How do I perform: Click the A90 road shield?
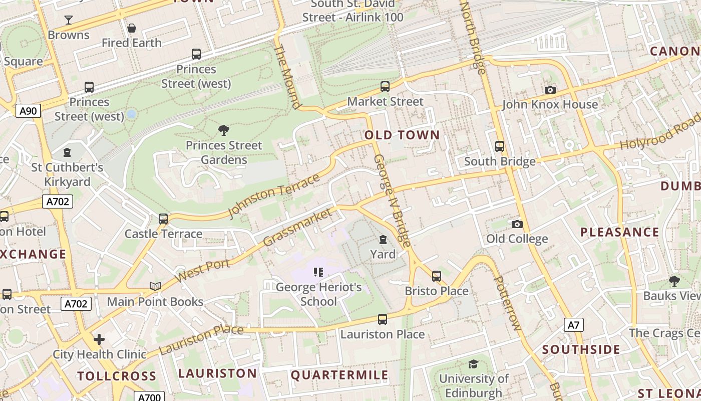click(28, 111)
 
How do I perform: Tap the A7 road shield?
click(574, 325)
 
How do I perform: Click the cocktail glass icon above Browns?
click(69, 20)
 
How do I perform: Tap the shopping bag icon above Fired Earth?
click(132, 28)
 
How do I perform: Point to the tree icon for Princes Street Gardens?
click(224, 130)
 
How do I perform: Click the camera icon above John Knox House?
click(550, 90)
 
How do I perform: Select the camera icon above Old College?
click(517, 224)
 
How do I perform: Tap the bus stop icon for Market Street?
click(385, 86)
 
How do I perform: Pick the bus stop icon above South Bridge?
click(499, 146)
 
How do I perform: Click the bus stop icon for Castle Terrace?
click(163, 219)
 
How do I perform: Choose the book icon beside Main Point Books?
click(155, 286)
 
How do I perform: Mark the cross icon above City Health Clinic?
click(99, 339)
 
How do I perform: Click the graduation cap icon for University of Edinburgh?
click(473, 364)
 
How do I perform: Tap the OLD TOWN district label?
click(402, 135)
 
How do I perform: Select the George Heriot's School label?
click(319, 294)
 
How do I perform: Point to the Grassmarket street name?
click(297, 228)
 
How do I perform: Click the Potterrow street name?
click(507, 303)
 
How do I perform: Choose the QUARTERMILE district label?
click(339, 375)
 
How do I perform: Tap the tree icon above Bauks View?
click(674, 281)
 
